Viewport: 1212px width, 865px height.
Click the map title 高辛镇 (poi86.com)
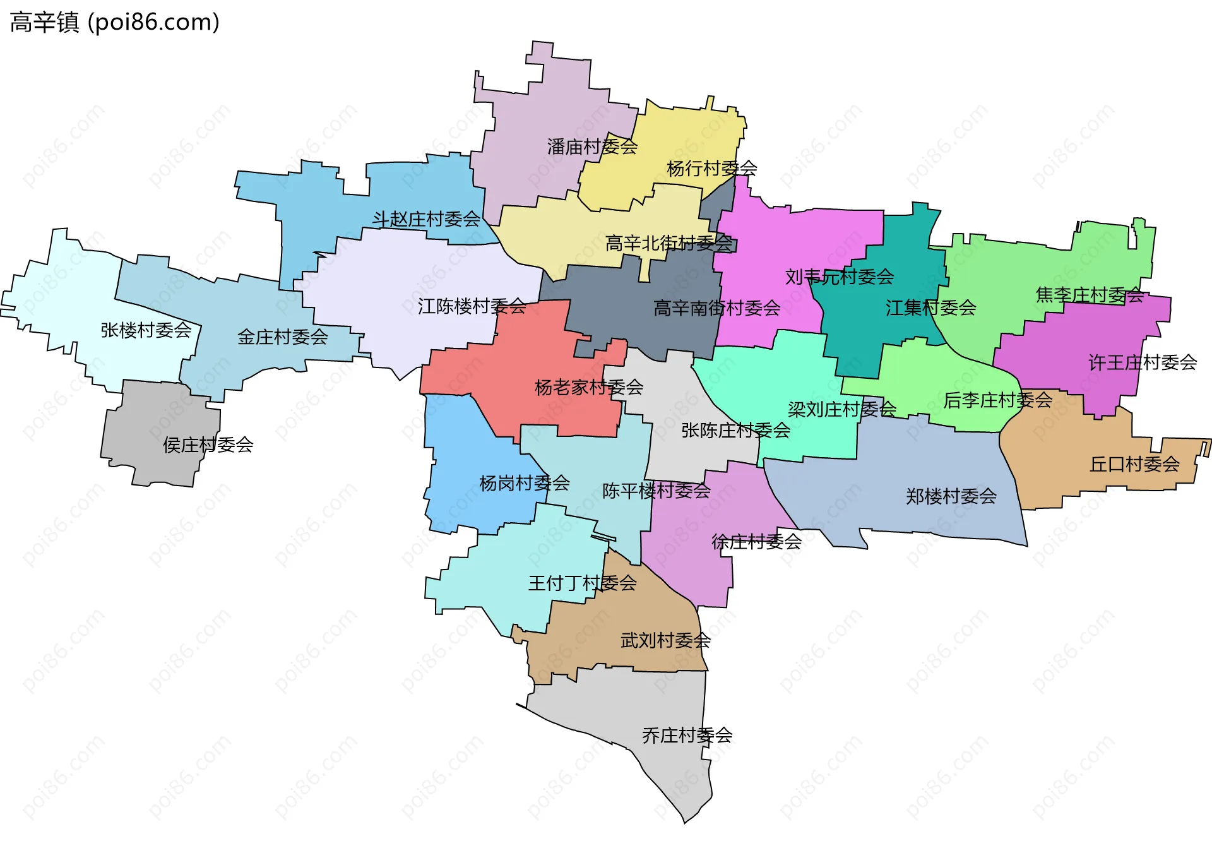114,23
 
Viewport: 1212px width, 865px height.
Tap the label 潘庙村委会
591,147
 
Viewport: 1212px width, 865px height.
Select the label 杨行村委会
711,169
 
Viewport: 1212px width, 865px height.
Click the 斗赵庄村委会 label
426,220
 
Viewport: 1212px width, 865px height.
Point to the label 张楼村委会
146,330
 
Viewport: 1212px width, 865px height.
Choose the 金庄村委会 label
282,337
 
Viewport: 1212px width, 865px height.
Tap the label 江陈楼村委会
472,307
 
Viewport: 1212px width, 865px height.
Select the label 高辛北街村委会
668,244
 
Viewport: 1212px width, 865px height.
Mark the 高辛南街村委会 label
716,308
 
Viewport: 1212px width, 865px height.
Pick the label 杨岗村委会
524,484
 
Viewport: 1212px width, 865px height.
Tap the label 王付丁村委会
582,583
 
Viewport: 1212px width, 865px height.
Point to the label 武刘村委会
665,641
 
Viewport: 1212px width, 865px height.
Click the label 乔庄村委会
687,736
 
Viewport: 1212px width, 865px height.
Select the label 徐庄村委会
756,542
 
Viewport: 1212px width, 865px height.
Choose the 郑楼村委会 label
951,497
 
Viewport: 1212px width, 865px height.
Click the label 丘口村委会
1134,465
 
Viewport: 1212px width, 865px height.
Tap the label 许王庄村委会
1143,363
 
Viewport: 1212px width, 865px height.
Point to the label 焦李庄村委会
1090,295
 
